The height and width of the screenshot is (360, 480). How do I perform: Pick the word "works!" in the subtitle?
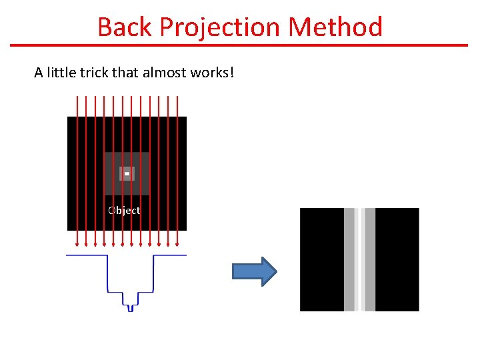click(x=211, y=72)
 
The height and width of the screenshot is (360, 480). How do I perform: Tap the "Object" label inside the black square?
click(x=124, y=211)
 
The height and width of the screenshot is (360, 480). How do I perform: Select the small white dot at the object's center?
click(x=127, y=174)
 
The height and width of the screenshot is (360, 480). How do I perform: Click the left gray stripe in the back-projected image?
click(x=349, y=259)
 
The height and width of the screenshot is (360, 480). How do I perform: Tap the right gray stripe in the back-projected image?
click(x=370, y=259)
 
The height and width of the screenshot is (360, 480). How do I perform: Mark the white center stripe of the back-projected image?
click(x=360, y=259)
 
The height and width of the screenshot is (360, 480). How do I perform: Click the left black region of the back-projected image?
click(x=321, y=259)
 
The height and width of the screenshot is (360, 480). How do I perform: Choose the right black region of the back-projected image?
click(x=397, y=259)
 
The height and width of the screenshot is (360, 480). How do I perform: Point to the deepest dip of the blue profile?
click(x=131, y=309)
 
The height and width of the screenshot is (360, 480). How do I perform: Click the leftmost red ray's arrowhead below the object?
click(x=77, y=244)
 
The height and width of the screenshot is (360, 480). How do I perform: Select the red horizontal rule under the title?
click(x=240, y=45)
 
